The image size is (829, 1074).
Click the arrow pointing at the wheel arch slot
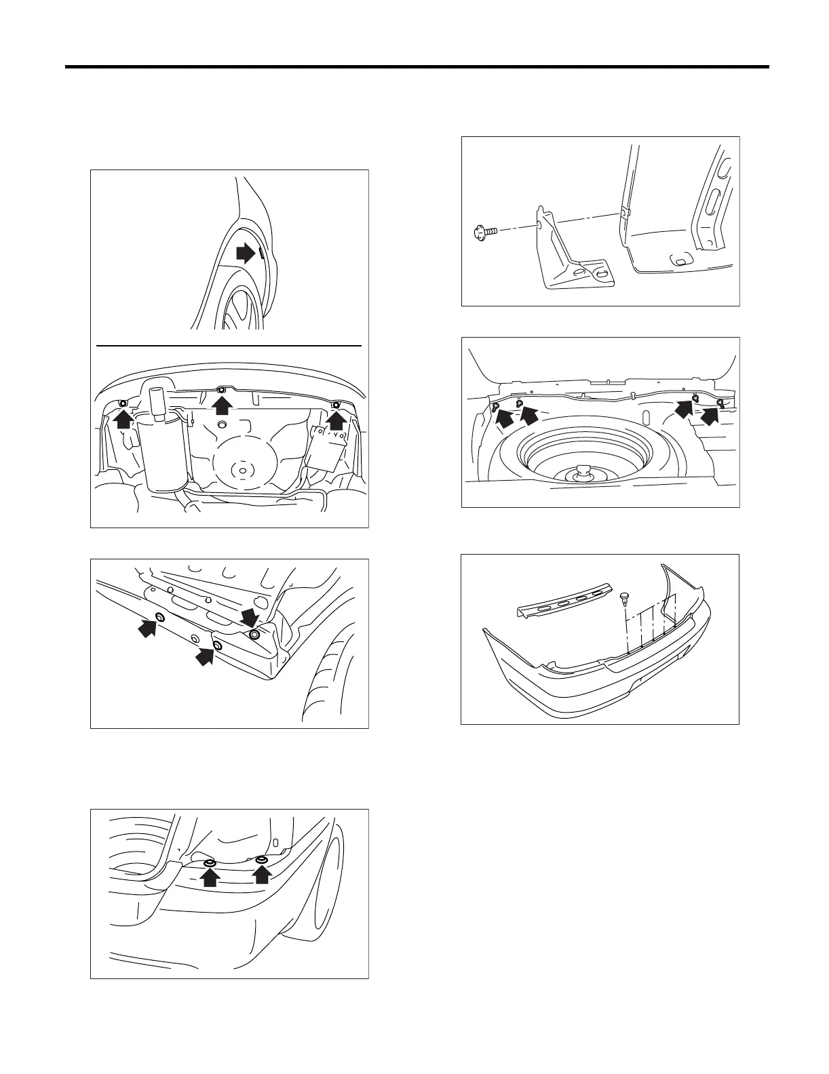244,254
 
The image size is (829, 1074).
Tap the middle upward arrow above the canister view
221,404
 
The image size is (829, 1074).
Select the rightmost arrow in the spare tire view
710,414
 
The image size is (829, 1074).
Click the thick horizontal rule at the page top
417,67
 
